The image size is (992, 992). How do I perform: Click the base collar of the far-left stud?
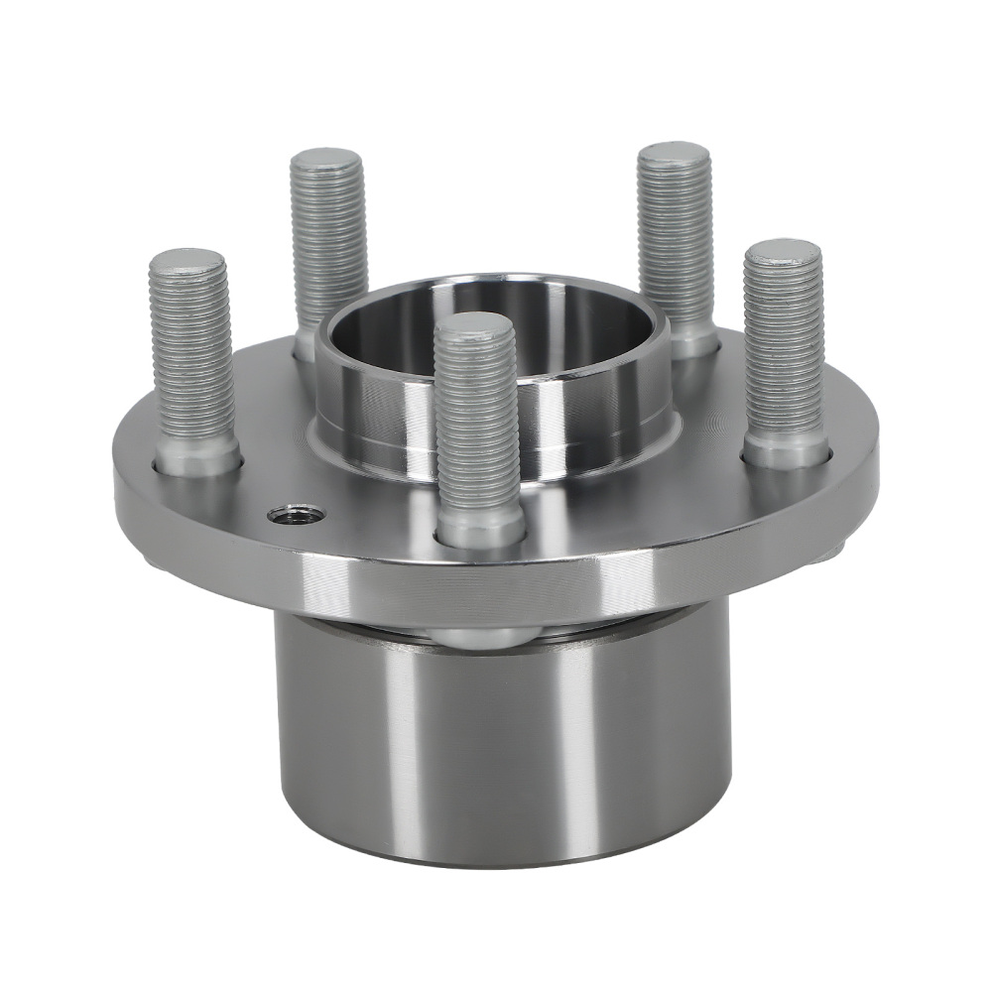[x=197, y=456]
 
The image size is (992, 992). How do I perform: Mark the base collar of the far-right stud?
[x=786, y=451]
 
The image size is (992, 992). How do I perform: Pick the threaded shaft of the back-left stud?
[x=328, y=248]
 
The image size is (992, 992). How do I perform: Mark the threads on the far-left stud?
[x=191, y=357]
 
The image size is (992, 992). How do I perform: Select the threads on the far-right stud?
[x=784, y=347]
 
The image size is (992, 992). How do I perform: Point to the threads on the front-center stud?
[x=477, y=427]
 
